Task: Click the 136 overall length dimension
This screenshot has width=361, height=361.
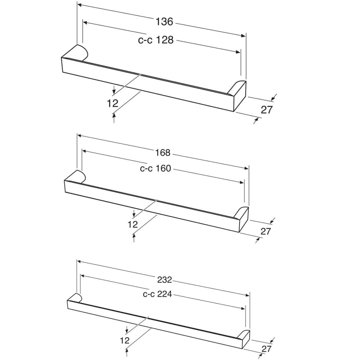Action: pos(164,22)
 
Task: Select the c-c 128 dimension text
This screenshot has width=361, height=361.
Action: pos(156,40)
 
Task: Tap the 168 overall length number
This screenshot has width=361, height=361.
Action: pos(163,153)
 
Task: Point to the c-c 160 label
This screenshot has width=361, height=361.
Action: pos(155,169)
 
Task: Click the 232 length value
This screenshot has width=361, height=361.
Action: pos(164,280)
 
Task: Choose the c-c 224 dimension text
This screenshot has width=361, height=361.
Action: pos(158,294)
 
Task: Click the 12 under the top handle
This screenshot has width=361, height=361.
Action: pos(112,103)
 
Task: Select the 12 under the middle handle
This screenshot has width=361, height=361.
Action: pos(132,224)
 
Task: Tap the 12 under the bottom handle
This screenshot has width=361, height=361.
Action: pos(125,340)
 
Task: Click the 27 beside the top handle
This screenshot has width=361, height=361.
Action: pos(267,110)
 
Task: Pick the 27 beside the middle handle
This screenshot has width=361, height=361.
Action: pos(265,231)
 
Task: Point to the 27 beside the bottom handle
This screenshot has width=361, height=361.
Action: pos(267,349)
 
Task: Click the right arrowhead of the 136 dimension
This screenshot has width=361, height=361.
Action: pos(243,36)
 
